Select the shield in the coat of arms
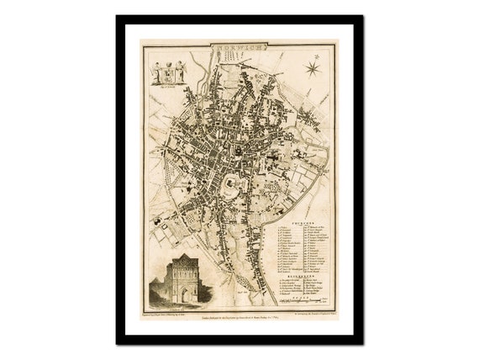point(168,72)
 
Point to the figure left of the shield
point(156,72)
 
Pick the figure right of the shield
point(180,72)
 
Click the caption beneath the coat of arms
point(168,87)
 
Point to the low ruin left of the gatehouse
point(157,294)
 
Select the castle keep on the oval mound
point(229,186)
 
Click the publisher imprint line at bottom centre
point(239,310)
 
